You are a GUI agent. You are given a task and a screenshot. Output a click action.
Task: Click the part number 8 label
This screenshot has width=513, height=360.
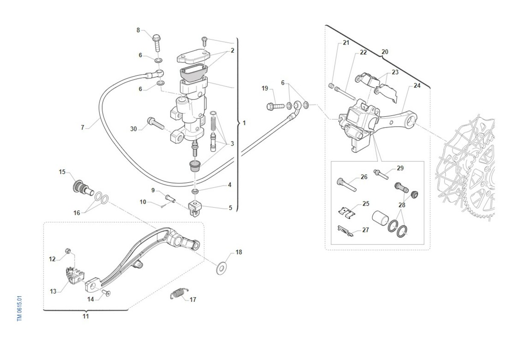point(138,30)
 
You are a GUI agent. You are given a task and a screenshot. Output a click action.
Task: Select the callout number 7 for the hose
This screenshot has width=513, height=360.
point(83,127)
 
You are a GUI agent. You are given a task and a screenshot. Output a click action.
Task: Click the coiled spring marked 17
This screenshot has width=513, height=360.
point(177,294)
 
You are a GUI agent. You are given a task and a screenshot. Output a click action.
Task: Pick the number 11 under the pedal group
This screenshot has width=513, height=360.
point(86,316)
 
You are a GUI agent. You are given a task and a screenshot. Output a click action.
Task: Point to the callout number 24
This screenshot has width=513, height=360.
point(417,86)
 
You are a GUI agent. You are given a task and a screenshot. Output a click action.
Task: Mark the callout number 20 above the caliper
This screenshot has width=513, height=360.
point(385,52)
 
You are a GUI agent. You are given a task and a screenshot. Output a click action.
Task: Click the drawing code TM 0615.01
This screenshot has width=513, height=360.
point(20,307)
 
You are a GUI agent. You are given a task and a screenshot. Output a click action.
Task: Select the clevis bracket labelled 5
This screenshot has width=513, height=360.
point(195,209)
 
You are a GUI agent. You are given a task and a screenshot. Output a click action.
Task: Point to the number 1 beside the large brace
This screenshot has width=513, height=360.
point(244,123)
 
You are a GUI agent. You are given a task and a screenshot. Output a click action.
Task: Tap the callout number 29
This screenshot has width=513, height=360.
point(400,168)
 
